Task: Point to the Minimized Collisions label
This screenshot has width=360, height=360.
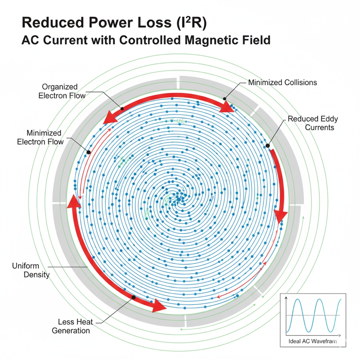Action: (x=282, y=83)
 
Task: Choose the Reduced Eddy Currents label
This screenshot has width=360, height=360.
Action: (x=311, y=123)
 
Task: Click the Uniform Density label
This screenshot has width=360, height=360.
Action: (x=31, y=270)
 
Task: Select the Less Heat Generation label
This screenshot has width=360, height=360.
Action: (x=74, y=326)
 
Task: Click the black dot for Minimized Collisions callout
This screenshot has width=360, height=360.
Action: (x=225, y=98)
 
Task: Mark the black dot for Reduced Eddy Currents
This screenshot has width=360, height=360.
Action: (x=267, y=146)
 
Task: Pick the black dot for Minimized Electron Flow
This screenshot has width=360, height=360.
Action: (x=89, y=152)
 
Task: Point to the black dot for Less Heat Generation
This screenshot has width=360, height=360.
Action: (x=133, y=297)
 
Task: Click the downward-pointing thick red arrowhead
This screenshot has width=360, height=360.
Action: (x=282, y=215)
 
